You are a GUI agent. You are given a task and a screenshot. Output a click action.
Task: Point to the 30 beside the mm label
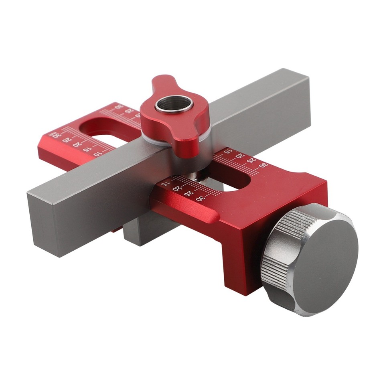click(x=57, y=136)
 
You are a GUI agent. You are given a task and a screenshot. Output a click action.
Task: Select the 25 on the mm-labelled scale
click(x=67, y=140)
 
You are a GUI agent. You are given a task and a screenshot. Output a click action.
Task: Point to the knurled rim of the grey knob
click(x=277, y=257)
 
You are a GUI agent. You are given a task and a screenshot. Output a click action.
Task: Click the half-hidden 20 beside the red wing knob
click(x=138, y=115)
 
